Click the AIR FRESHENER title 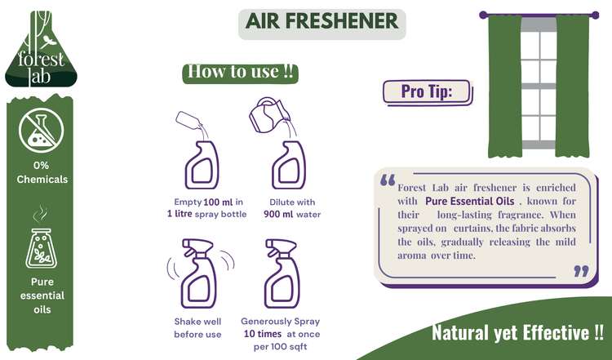click(322, 21)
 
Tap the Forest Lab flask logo click(41, 49)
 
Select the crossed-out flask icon click(41, 130)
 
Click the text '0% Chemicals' click(42, 172)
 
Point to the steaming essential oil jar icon click(41, 238)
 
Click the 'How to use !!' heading click(241, 72)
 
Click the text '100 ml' click(218, 202)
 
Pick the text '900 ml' click(278, 215)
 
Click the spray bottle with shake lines click(200, 273)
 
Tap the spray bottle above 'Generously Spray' click(282, 273)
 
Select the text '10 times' click(263, 334)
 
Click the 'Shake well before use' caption click(197, 328)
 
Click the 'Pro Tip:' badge click(427, 92)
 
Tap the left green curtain click(505, 86)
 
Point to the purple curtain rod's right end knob click(595, 16)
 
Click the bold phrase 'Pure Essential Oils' click(469, 202)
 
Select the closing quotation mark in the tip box click(581, 271)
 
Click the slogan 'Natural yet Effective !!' click(517, 333)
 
